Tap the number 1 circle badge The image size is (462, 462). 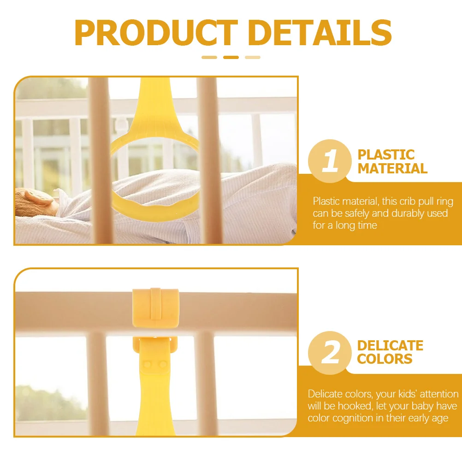tap(330, 161)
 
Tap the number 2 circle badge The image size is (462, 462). tap(330, 353)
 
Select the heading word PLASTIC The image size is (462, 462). tap(386, 155)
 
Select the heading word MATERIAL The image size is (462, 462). tap(392, 168)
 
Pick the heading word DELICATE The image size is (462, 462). tap(390, 346)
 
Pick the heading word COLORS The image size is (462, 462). tap(385, 359)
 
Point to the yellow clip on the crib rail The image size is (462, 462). tap(155, 308)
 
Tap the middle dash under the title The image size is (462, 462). tap(231, 58)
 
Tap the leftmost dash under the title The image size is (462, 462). tap(209, 58)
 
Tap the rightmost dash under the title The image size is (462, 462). tap(253, 58)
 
